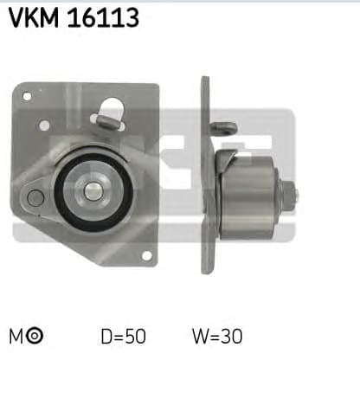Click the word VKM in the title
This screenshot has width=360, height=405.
35,17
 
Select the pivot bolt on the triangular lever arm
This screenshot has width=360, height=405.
35,198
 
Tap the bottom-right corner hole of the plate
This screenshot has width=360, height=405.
146,254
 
